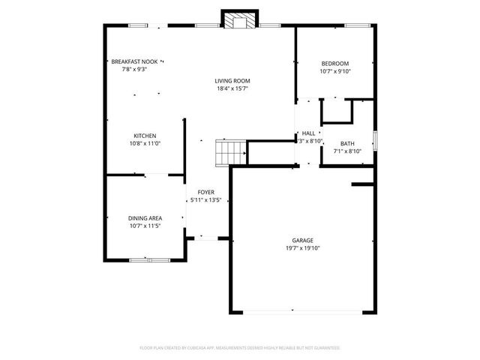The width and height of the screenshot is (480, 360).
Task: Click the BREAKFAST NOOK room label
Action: [x=134, y=61]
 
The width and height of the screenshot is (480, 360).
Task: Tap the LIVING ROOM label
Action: [x=232, y=81]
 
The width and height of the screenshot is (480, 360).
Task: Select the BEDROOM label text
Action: [x=335, y=64]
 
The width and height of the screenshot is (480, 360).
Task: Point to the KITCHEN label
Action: [x=145, y=136]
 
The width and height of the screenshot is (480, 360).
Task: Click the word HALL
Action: [x=308, y=133]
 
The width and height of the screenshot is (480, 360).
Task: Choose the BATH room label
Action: [x=347, y=143]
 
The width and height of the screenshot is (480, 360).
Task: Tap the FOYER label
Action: [x=205, y=192]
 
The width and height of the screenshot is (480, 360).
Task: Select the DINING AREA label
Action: [x=145, y=218]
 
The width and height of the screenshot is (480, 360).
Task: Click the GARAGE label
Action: [x=302, y=240]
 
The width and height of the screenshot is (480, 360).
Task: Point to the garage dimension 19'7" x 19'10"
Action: [x=302, y=248]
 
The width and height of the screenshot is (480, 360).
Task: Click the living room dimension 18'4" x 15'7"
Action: [x=232, y=88]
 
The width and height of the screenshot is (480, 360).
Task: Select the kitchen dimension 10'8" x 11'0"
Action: [x=145, y=143]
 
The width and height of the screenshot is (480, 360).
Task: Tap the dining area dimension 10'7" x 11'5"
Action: [x=145, y=226]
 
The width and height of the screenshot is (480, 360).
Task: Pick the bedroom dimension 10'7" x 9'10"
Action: [x=335, y=72]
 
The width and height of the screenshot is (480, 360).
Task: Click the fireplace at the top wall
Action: [x=240, y=21]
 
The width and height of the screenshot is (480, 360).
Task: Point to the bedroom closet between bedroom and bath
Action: [x=337, y=111]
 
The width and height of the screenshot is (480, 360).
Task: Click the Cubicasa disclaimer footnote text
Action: [x=240, y=348]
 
